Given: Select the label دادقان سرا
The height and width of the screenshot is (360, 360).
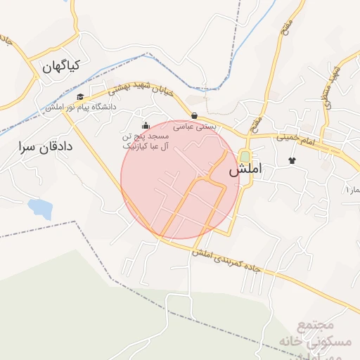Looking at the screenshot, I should point(46,146).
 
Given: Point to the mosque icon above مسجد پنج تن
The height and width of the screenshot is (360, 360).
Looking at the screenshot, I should point(146,126).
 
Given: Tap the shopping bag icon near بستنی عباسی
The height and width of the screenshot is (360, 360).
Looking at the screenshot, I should point(194,115).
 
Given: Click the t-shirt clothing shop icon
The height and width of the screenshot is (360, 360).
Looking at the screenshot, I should point(292,160).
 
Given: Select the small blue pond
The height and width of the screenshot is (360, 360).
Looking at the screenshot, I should point(39,208).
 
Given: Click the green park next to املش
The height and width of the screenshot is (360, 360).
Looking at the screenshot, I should point(245,155).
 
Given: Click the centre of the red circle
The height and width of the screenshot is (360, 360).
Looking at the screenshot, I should point(180,179).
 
